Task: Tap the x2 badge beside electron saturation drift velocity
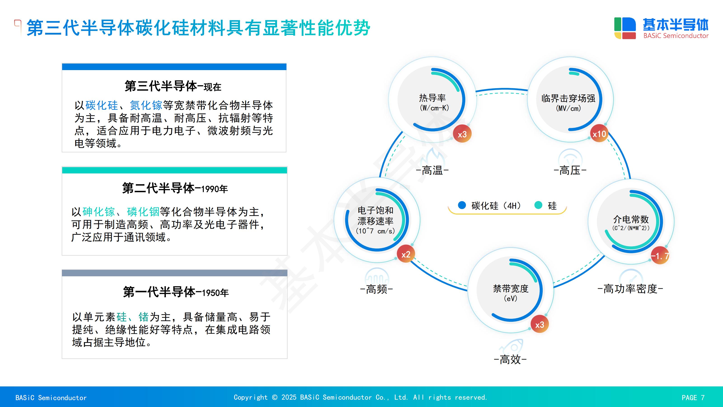pyautogui.click(x=406, y=254)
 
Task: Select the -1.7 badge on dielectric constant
pyautogui.click(x=660, y=256)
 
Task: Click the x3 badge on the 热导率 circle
pyautogui.click(x=462, y=134)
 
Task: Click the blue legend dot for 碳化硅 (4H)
pyautogui.click(x=462, y=205)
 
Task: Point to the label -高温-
pyautogui.click(x=432, y=170)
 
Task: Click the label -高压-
pyautogui.click(x=570, y=170)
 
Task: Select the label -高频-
pyautogui.click(x=377, y=289)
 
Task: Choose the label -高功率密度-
pyautogui.click(x=630, y=289)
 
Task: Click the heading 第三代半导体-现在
pyautogui.click(x=173, y=86)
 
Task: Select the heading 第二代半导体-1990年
pyautogui.click(x=175, y=188)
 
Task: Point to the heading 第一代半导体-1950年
pyautogui.click(x=176, y=292)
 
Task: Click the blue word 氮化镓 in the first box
pyautogui.click(x=146, y=105)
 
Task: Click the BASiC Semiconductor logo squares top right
pyautogui.click(x=625, y=28)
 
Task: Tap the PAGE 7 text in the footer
pyautogui.click(x=693, y=398)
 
